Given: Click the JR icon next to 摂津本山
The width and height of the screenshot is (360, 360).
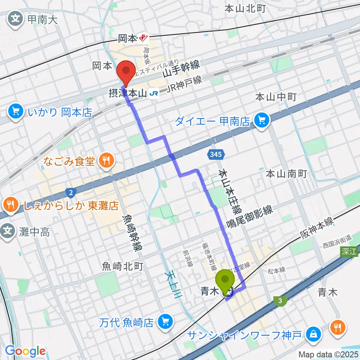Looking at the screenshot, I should (x=154, y=93).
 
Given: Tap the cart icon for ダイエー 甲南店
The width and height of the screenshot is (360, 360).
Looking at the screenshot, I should (x=261, y=121).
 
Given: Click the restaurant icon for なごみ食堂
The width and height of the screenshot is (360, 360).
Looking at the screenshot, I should (x=106, y=161).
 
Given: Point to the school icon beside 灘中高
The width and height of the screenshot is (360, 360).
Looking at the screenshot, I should (x=8, y=232).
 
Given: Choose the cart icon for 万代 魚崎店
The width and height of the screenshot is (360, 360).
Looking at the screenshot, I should (x=165, y=321).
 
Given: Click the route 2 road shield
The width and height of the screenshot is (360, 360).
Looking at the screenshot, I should (x=70, y=193).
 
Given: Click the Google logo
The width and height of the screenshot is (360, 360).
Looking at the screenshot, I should (x=25, y=351).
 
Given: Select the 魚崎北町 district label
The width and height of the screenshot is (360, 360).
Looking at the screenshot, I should (x=117, y=267).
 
